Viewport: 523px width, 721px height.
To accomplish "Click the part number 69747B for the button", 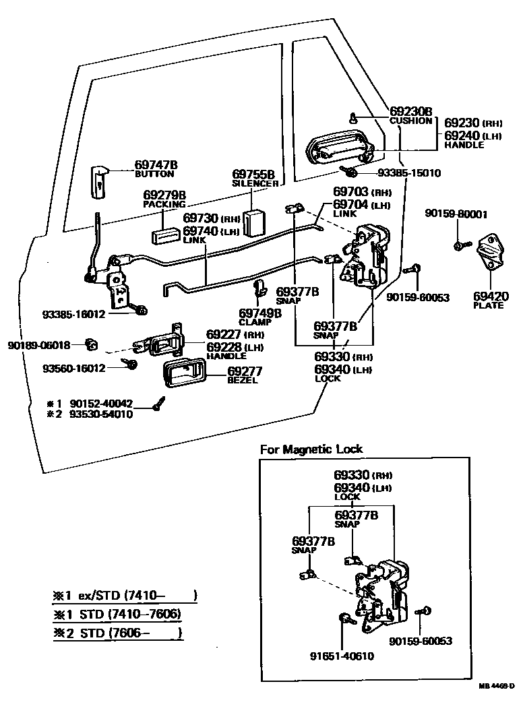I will coord(156,164).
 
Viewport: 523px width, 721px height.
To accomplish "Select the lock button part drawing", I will coord(98,181).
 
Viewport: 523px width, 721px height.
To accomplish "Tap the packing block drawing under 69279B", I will coord(164,235).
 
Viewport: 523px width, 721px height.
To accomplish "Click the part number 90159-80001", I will coord(456,214).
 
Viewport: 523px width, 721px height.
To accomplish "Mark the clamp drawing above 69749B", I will coord(258,290).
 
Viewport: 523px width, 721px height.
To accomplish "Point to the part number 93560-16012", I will coord(74,368).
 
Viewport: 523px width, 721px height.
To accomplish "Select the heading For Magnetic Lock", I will coord(311,449).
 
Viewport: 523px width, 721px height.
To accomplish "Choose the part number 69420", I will coord(491,296).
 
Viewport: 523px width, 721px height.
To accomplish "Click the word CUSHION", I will coord(410,121).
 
